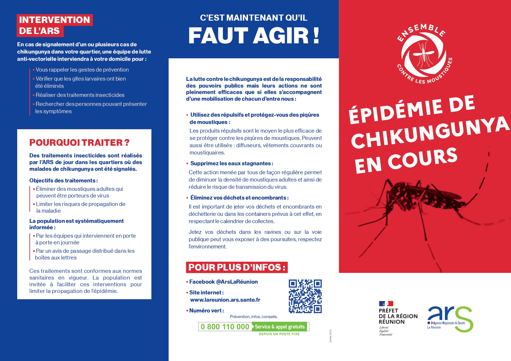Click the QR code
point(305,296)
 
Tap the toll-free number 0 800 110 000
point(225,327)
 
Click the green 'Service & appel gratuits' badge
point(279,327)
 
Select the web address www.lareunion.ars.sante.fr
point(225,300)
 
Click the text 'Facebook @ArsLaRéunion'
point(223,282)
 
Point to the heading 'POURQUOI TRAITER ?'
point(79,143)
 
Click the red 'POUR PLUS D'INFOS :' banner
point(237,267)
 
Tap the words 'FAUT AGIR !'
point(253,36)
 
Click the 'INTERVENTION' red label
point(54,20)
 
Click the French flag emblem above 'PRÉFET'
point(386,304)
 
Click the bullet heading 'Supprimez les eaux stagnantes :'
point(232,163)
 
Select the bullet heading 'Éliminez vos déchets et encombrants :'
point(239,198)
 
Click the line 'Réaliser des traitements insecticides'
point(80,95)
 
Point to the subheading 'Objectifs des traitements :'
point(64,181)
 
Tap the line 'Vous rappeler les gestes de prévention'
point(82,70)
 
